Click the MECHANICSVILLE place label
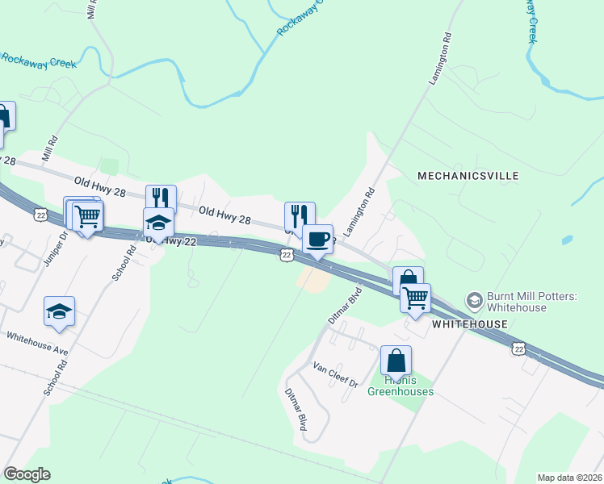click(x=468, y=175)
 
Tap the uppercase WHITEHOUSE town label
click(x=469, y=324)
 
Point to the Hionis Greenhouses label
click(x=401, y=386)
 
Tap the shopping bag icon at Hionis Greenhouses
click(x=396, y=360)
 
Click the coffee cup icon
click(x=317, y=239)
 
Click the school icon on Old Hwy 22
click(x=158, y=222)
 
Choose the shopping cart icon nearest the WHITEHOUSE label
click(x=415, y=298)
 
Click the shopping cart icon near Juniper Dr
click(x=87, y=215)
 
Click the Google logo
click(x=27, y=474)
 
